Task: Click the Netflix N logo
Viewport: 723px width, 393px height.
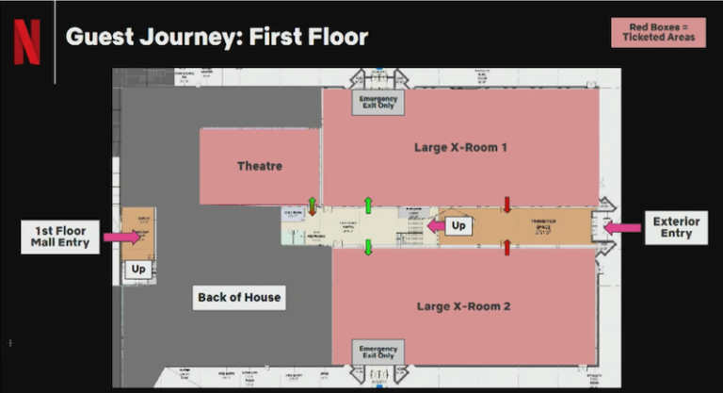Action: (x=26, y=42)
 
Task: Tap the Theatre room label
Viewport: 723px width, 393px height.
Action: (x=259, y=166)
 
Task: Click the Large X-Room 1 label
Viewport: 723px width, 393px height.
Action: (x=461, y=147)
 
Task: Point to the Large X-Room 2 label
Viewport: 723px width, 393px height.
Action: (x=464, y=306)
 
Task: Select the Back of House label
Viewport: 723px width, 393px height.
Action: (x=239, y=297)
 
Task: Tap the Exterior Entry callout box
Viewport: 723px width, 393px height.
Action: (x=676, y=227)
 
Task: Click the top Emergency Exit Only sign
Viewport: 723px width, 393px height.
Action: (x=378, y=101)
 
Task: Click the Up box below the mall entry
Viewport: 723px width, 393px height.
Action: (x=138, y=270)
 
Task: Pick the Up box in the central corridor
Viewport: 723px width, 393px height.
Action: (x=458, y=226)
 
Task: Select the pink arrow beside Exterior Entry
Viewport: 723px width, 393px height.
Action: (x=622, y=227)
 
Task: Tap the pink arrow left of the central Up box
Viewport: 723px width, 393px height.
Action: (x=436, y=226)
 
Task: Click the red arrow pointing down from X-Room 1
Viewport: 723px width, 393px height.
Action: (x=506, y=205)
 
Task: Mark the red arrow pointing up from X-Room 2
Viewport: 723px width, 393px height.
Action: (x=506, y=248)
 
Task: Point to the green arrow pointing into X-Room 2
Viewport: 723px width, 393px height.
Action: (x=369, y=247)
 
